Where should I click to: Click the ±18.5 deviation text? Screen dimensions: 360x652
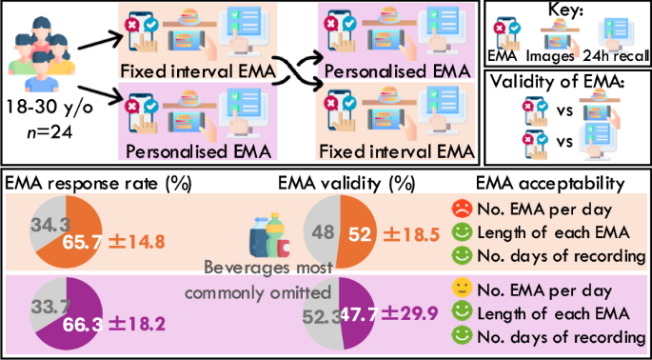tap(399, 233)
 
